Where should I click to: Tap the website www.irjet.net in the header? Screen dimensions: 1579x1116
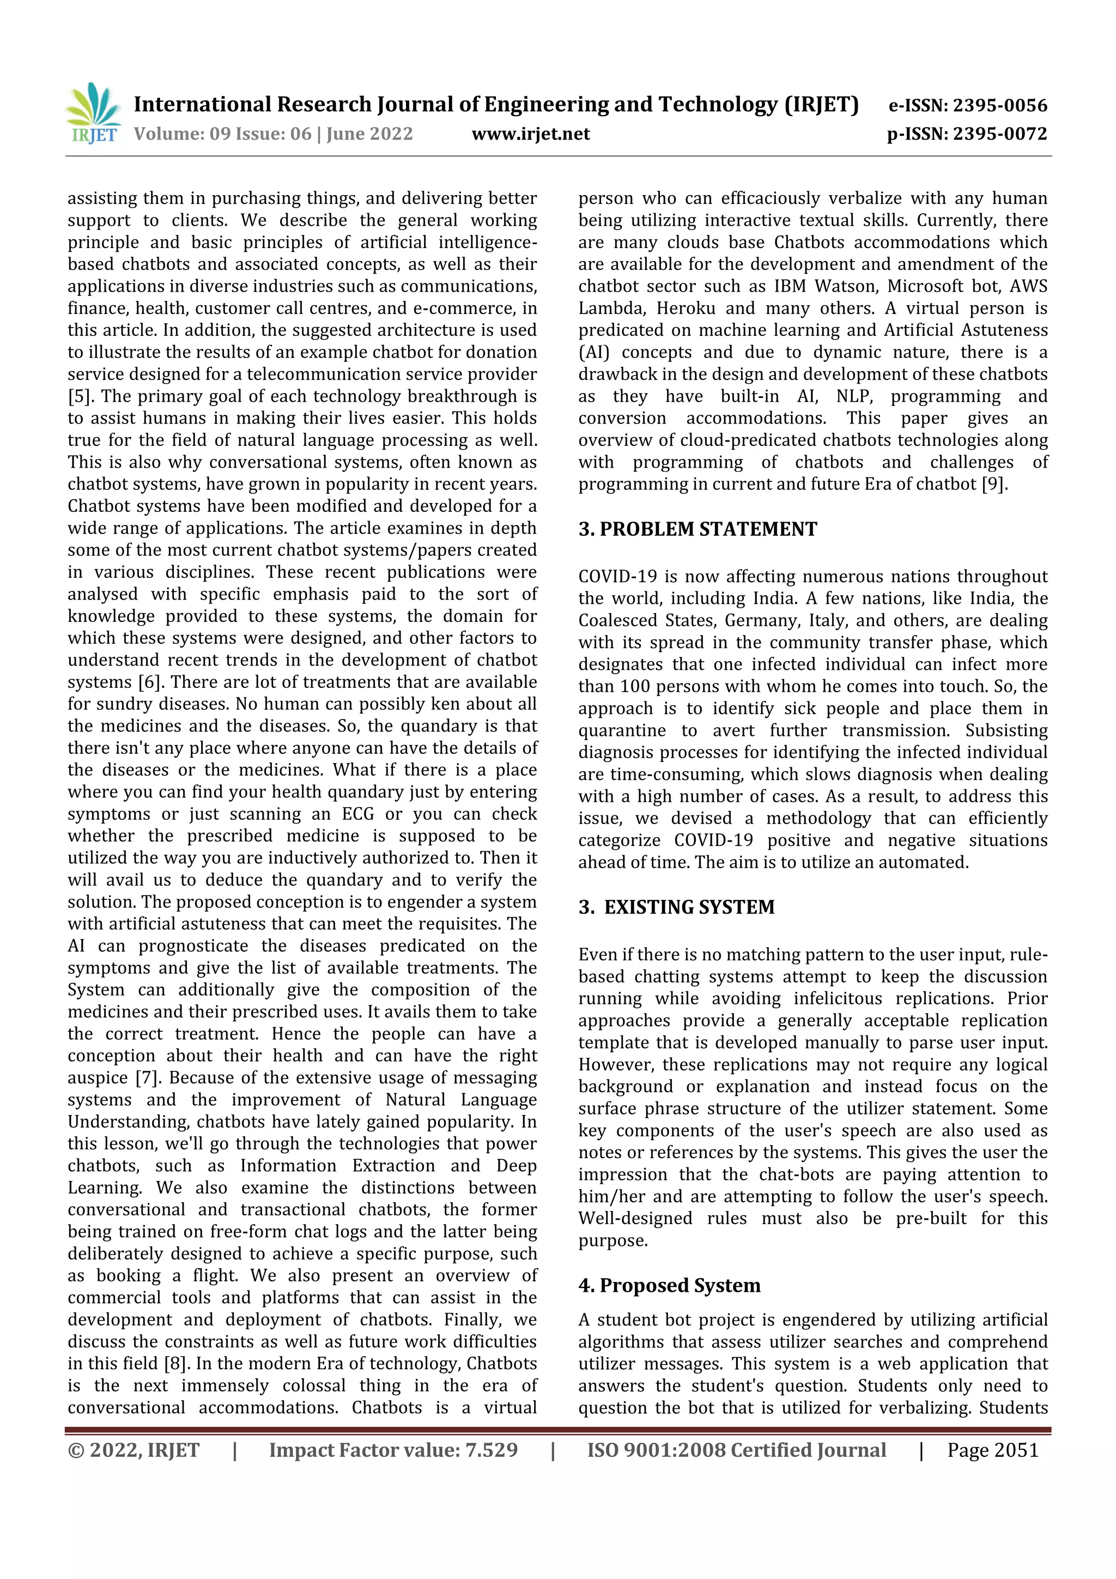[530, 134]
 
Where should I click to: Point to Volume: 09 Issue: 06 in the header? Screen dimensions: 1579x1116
[223, 134]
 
